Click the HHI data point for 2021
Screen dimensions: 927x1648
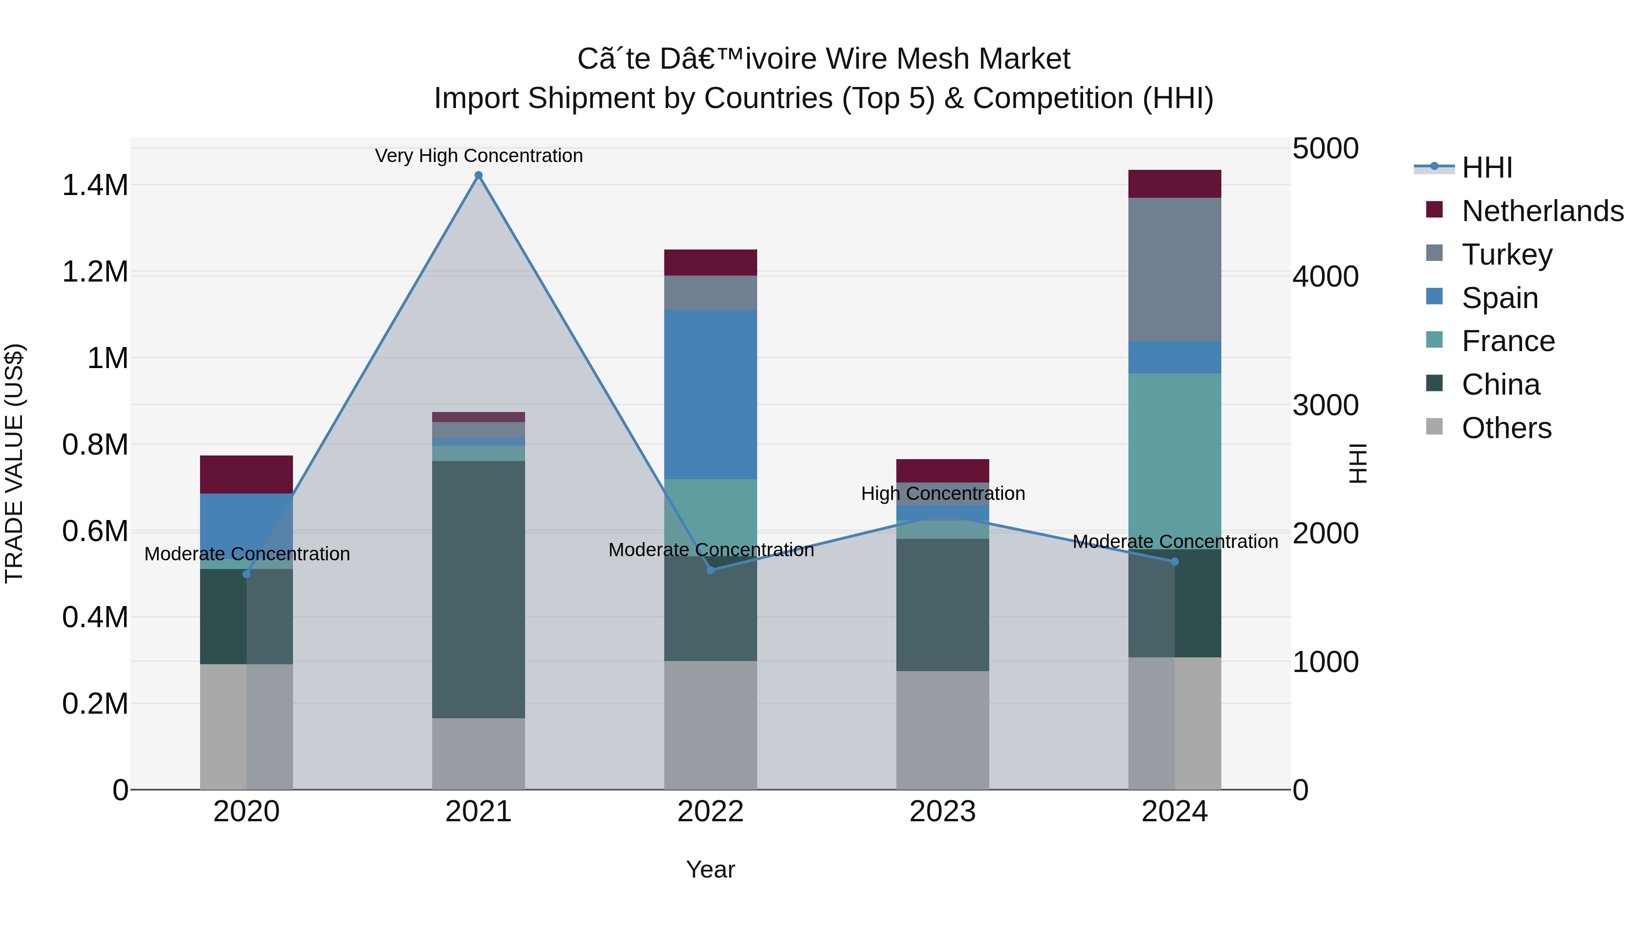478,175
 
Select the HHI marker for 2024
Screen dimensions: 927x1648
1175,562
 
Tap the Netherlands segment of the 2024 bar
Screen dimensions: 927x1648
1175,184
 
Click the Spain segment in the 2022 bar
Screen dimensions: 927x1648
710,395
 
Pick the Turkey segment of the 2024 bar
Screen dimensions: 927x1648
1175,269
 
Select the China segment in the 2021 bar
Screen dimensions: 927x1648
478,589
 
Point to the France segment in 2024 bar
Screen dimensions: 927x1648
1175,461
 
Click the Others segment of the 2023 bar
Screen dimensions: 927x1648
943,730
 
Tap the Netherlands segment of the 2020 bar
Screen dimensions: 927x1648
246,474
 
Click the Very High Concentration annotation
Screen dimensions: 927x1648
478,156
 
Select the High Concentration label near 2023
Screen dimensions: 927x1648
943,493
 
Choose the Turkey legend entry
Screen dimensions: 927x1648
1507,255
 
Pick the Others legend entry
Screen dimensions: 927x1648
1506,428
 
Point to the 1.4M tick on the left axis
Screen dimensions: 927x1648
95,185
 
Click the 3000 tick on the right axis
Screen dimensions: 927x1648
1325,405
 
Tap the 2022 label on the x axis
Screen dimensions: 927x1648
710,812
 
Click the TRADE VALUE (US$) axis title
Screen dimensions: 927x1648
14,463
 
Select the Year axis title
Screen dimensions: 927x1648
710,869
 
